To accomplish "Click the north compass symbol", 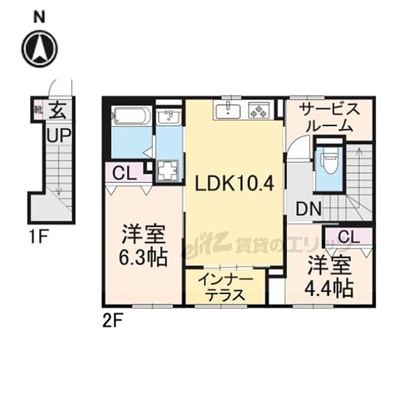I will (x=39, y=48).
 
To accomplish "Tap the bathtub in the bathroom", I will (x=132, y=116).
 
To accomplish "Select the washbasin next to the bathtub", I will (x=169, y=117).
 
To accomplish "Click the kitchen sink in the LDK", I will (x=229, y=109).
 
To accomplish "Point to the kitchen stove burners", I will (x=258, y=110).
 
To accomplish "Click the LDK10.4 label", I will (x=235, y=184).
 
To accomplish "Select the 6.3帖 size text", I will (x=143, y=258).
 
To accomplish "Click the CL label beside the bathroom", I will (x=124, y=173).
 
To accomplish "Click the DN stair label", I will (x=308, y=210).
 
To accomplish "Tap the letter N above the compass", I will (x=39, y=17).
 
